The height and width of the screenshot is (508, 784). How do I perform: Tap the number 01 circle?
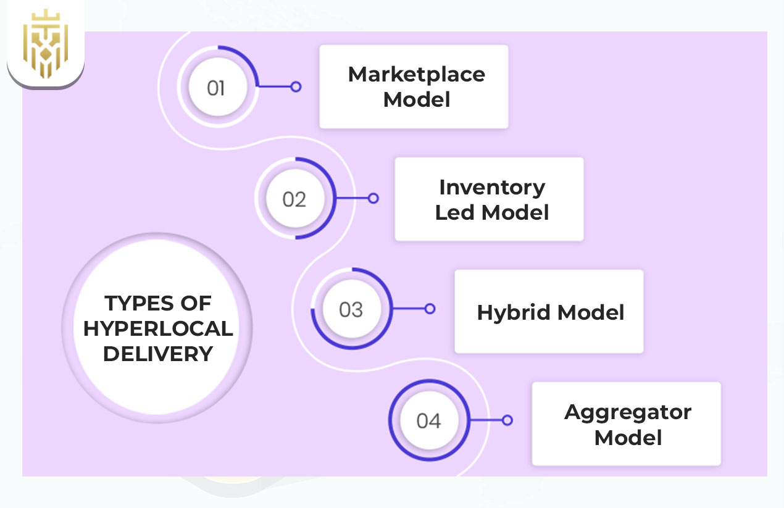(x=215, y=88)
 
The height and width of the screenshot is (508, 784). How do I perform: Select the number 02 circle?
(x=294, y=199)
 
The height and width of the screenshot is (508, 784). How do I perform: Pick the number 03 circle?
(x=351, y=309)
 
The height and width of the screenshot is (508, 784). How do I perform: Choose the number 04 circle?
(x=428, y=421)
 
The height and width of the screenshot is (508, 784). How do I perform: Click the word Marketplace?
(x=416, y=75)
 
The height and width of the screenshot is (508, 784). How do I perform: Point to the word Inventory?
(x=492, y=187)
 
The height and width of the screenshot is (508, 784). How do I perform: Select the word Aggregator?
(x=627, y=412)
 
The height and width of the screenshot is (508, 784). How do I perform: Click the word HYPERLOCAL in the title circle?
(x=158, y=328)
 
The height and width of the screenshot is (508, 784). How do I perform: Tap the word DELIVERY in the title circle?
(x=158, y=354)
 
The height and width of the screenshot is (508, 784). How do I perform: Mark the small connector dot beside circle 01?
(x=296, y=87)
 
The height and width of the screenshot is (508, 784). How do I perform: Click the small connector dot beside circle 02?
(x=373, y=198)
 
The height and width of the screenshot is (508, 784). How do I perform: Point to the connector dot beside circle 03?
(x=430, y=309)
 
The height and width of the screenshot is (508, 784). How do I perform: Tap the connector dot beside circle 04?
(x=507, y=420)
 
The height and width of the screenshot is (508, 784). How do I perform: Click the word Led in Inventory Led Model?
(x=455, y=213)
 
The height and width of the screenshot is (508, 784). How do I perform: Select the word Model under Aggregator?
(x=628, y=438)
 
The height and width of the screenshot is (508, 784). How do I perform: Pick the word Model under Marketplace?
(x=416, y=99)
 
